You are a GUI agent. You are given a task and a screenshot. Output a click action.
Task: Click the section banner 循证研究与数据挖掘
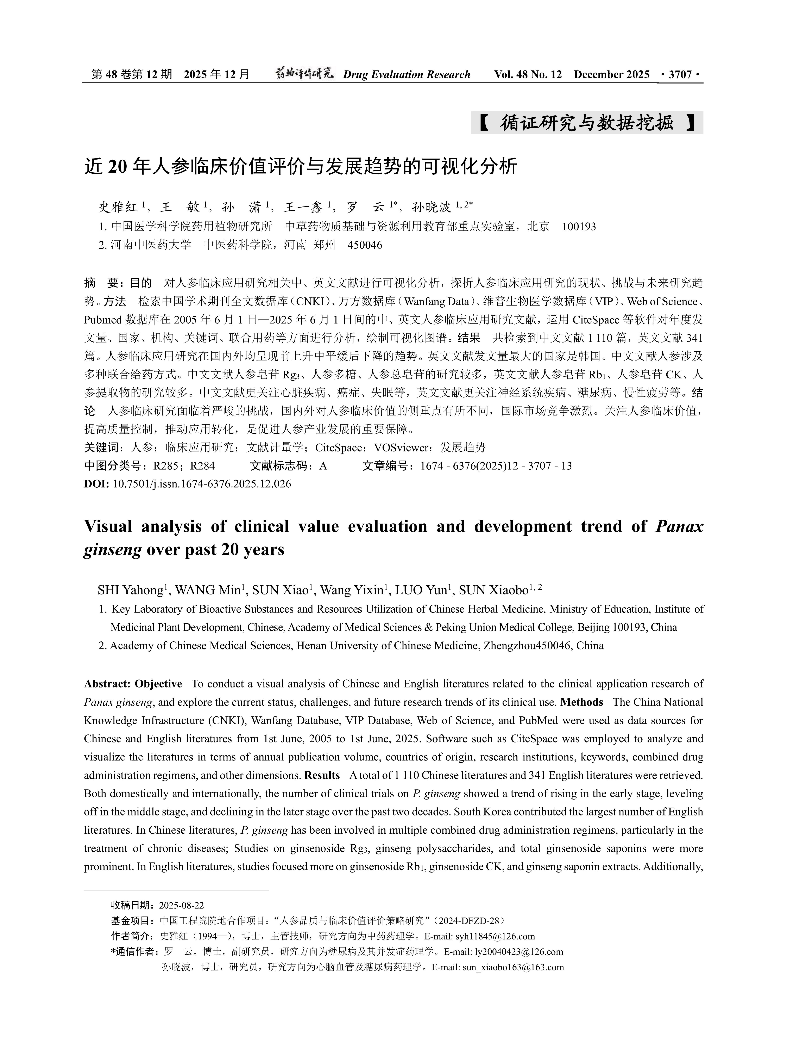click(x=587, y=123)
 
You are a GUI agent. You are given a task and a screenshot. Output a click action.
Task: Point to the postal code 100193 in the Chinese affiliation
click(x=579, y=226)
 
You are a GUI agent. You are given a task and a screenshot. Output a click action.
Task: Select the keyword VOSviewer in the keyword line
click(x=401, y=448)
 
